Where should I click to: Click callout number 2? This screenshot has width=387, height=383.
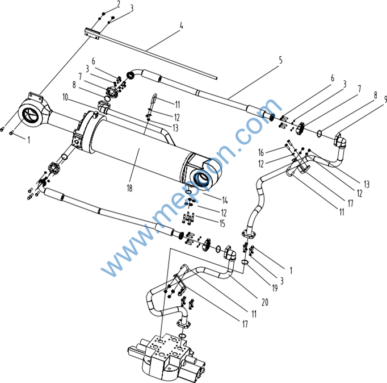coord(119,4)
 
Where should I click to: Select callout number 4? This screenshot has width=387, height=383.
coord(182,26)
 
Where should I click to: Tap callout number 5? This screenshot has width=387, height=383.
coord(281,60)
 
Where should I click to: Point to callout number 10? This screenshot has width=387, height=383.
coord(65,97)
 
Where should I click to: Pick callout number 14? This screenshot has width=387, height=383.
coord(225,200)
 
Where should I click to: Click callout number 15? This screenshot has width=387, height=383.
coord(222,224)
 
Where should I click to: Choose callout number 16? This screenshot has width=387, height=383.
coord(261,153)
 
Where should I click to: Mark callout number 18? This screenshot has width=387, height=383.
coord(129,188)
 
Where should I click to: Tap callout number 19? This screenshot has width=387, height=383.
coord(275,288)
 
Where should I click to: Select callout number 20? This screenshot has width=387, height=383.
coord(265,302)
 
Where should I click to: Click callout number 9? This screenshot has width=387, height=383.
coord(385,99)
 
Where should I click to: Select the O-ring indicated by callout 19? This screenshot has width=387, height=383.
coord(245,262)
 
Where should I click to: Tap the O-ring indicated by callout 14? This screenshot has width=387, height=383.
coord(189,192)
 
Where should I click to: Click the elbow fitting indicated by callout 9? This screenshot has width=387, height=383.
coord(340,140)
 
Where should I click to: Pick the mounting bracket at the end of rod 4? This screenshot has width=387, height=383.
coord(92,34)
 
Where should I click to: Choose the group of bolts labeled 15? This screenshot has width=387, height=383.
coord(189,218)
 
